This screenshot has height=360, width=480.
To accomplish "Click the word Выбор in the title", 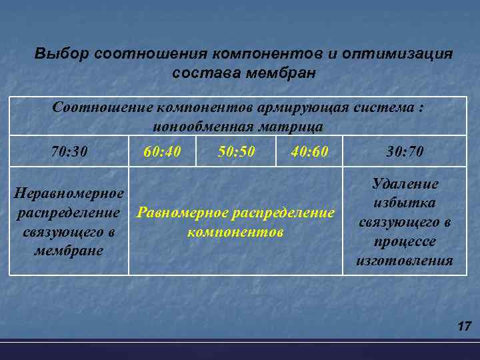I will [x=61, y=53].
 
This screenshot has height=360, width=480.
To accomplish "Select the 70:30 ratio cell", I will [x=69, y=152].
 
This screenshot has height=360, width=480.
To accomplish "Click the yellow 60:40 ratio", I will [x=162, y=152].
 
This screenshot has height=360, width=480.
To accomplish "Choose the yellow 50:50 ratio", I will [x=236, y=151].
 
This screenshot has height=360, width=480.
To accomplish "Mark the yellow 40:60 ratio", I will [x=310, y=152].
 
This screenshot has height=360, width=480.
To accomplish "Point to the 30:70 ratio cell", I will [x=405, y=152].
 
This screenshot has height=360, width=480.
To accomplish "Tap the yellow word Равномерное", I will [x=181, y=213].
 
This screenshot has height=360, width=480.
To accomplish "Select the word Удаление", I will [x=405, y=184].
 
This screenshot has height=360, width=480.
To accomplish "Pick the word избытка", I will [x=405, y=203].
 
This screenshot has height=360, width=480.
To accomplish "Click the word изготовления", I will [x=405, y=261].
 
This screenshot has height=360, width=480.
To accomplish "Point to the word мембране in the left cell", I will [x=69, y=251].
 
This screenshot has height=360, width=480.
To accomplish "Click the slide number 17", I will [x=464, y=327].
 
